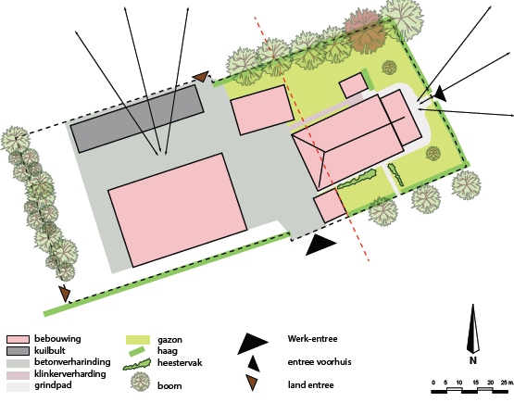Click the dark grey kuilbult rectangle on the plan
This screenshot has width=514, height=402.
click(137, 119)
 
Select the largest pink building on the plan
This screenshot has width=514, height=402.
click(177, 210)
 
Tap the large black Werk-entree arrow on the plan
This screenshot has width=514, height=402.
click(320, 245)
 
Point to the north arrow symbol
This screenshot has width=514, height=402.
click(473, 329)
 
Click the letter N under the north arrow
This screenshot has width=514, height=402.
click(472, 360)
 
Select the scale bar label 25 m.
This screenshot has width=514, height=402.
click(507, 383)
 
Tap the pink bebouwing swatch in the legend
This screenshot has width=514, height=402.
click(18, 339)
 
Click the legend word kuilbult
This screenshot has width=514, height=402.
click(50, 350)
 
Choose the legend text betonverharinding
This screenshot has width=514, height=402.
click(72, 362)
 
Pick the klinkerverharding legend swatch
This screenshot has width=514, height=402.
click(18, 374)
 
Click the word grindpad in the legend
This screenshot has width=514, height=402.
click(53, 385)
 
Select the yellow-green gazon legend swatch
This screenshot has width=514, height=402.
click(138, 340)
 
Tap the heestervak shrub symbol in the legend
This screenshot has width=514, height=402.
click(137, 364)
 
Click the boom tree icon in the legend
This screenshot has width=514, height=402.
click(140, 382)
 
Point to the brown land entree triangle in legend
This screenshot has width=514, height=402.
click(252, 383)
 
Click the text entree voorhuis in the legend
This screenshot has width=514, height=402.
click(320, 362)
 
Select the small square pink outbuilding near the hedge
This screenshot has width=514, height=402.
click(353, 85)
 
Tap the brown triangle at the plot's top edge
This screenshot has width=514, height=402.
click(201, 76)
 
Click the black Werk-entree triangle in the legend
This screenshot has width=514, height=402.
click(253, 344)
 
